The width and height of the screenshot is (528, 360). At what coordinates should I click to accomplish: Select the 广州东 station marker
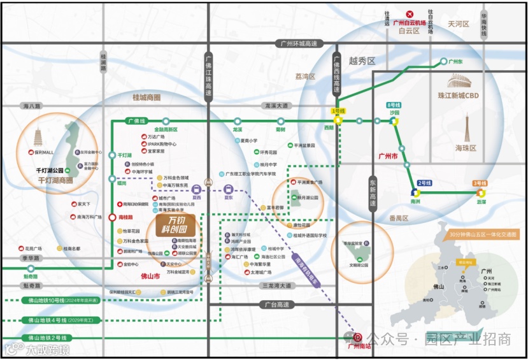444,62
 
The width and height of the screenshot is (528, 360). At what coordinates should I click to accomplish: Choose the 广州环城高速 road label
298,44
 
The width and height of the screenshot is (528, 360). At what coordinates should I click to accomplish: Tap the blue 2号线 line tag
425,184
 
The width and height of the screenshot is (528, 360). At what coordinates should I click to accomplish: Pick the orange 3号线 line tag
481,184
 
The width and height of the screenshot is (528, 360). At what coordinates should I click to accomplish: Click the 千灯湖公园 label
51,171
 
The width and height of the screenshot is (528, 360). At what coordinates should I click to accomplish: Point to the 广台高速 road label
276,305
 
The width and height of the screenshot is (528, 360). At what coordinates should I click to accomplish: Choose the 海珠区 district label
466,148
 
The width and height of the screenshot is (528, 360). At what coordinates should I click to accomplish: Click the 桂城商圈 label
146,97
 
